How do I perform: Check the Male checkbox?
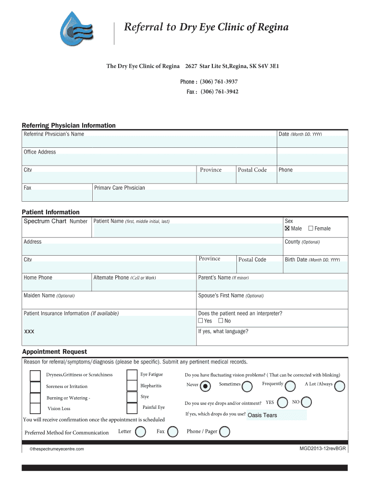click(287, 228)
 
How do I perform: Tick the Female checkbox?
click(310, 228)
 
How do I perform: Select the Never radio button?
click(206, 386)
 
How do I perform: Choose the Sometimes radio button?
click(247, 386)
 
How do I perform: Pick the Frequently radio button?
click(290, 386)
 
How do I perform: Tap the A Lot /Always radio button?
click(339, 386)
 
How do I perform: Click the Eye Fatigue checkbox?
click(132, 375)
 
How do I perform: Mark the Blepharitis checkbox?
click(132, 386)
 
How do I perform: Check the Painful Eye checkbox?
click(132, 408)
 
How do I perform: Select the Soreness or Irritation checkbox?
click(35, 387)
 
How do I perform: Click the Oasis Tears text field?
click(276, 415)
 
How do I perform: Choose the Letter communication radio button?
click(140, 432)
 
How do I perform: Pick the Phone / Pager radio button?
click(224, 432)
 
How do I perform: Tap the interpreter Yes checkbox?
click(201, 321)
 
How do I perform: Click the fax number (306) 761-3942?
click(219, 91)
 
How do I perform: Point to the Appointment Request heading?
click(54, 352)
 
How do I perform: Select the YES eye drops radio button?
click(283, 402)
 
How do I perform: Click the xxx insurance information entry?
click(29, 332)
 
